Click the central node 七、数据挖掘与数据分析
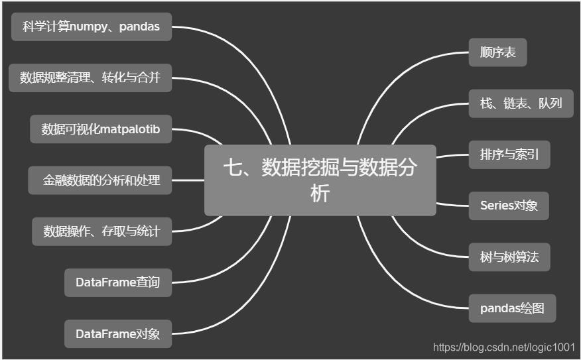[320, 180]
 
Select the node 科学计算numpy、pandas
[92, 27]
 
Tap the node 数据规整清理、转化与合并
[90, 78]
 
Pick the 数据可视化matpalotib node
[101, 129]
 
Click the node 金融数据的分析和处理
[100, 180]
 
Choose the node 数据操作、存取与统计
[101, 231]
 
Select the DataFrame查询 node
[118, 282]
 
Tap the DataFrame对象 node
[118, 333]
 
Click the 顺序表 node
[497, 52]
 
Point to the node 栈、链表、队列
[521, 103]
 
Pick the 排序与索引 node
[509, 154]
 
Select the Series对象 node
[509, 206]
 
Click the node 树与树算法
[509, 257]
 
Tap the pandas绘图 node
[512, 308]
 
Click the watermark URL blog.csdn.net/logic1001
[503, 347]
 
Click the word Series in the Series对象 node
[497, 206]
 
